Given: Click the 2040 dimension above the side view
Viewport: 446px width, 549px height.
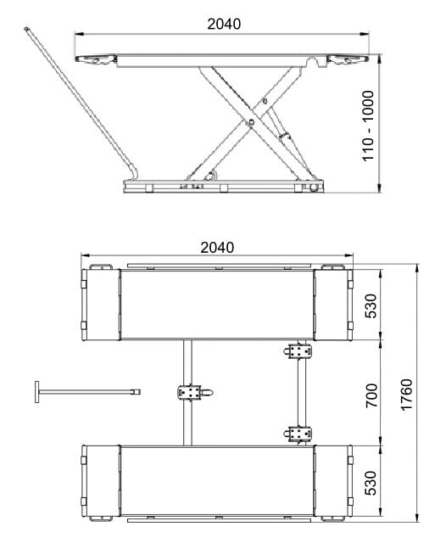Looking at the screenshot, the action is (224, 24).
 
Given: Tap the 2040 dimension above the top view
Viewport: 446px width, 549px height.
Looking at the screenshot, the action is (217, 248).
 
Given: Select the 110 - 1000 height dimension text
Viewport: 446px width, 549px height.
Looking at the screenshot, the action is (368, 126).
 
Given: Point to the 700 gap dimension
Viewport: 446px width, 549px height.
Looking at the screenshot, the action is (371, 395).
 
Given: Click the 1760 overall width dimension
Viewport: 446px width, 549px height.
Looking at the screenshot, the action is (406, 395).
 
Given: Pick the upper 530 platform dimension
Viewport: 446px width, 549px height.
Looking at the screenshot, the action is (371, 306).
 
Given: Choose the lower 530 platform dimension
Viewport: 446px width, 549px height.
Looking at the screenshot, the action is (371, 483).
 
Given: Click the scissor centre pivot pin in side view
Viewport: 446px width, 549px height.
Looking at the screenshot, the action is (250, 122).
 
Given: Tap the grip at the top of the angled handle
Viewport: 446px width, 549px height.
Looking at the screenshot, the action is (26, 30).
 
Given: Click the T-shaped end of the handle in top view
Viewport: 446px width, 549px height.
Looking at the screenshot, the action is (37, 392).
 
